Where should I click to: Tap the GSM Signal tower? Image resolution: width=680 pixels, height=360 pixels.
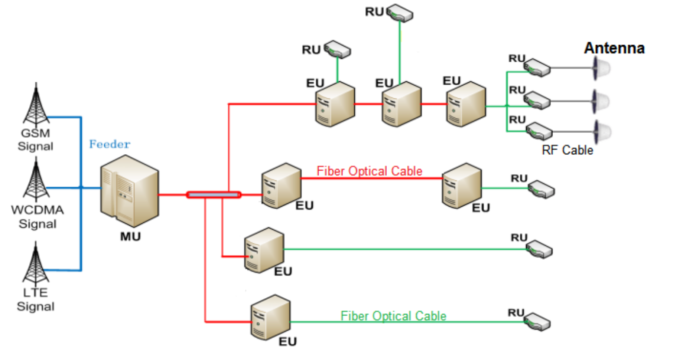tap(36, 105)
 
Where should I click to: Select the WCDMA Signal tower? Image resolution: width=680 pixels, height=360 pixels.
tap(36, 181)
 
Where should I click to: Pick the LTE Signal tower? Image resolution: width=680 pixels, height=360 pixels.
tap(36, 264)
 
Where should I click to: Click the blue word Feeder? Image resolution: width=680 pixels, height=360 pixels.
tap(110, 144)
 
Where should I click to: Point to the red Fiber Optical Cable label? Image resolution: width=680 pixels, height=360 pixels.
tap(369, 171)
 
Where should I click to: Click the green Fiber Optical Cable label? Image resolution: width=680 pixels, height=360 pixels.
tap(394, 316)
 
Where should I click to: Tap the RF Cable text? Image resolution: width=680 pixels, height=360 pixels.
tap(567, 150)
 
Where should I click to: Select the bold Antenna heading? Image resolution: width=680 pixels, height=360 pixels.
tap(614, 48)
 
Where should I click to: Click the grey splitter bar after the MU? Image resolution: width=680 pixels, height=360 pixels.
tap(213, 195)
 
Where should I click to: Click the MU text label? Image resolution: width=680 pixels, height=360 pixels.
tap(130, 237)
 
